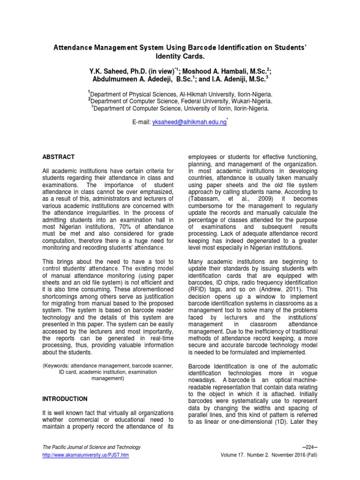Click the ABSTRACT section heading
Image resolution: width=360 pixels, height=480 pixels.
[58, 157]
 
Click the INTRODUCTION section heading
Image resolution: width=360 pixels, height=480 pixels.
[65, 399]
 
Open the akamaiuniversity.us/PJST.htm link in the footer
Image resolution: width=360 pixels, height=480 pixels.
[85, 455]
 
